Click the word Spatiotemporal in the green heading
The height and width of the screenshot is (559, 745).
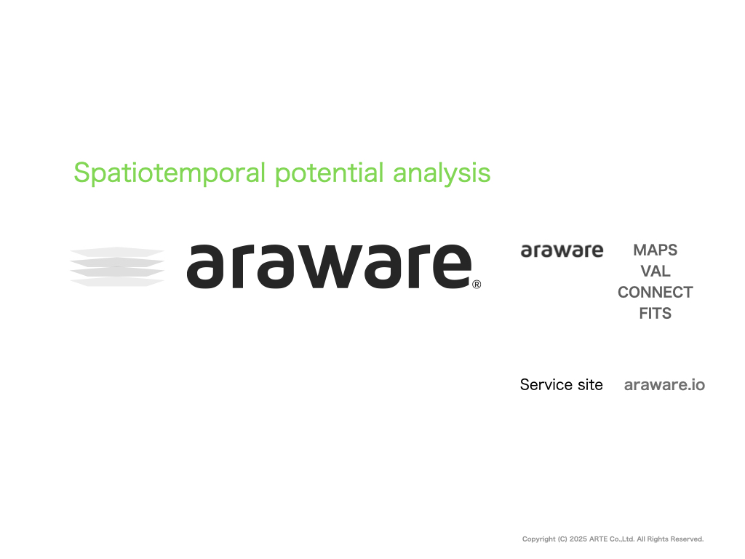170,173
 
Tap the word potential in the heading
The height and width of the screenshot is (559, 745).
330,173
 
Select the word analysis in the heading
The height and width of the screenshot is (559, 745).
442,173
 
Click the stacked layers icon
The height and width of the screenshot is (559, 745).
117,266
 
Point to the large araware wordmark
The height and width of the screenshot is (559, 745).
329,266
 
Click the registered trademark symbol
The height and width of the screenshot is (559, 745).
477,285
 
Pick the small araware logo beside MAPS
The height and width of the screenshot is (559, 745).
562,250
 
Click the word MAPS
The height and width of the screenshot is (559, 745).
656,250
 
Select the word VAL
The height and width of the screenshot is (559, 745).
656,271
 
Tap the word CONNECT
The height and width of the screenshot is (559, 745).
656,293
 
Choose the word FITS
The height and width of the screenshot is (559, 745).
656,313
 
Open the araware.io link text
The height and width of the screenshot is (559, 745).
664,385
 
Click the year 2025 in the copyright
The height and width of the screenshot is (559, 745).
578,539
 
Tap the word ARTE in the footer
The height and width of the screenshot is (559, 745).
598,539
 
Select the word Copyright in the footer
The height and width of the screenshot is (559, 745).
539,539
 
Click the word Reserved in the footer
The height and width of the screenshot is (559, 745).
688,539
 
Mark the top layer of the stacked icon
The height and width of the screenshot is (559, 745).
117,251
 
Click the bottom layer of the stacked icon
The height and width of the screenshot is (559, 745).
117,282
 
